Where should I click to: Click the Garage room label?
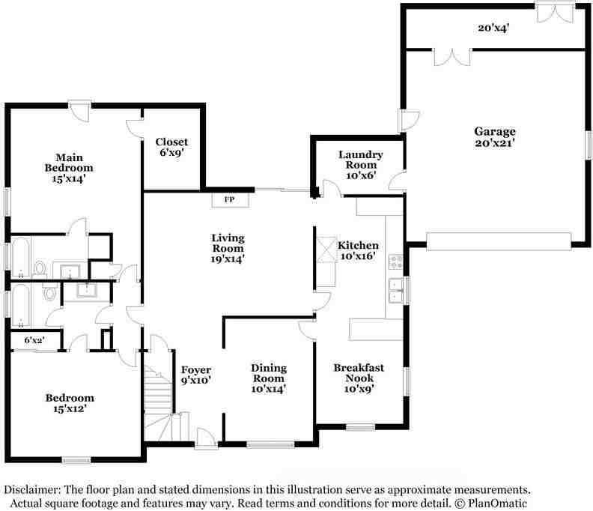click(495, 137)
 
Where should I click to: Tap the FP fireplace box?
click(231, 199)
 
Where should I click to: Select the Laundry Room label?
click(361, 165)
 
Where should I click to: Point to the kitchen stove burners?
click(396, 262)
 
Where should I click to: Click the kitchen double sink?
click(396, 290)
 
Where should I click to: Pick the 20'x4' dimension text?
click(493, 28)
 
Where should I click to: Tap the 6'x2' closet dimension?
click(34, 340)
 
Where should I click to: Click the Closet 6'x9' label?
click(171, 147)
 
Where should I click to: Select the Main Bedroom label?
click(69, 168)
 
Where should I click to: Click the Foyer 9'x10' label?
click(195, 375)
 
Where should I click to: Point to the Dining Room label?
click(269, 378)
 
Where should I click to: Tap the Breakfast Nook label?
click(359, 378)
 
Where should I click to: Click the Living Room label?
click(228, 248)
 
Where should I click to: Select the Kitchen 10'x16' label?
click(358, 250)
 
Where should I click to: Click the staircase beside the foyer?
click(158, 402)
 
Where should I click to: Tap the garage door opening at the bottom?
click(499, 241)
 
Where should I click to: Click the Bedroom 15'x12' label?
click(70, 403)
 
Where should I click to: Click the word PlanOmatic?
click(497, 504)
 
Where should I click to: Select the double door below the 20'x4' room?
click(452, 57)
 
